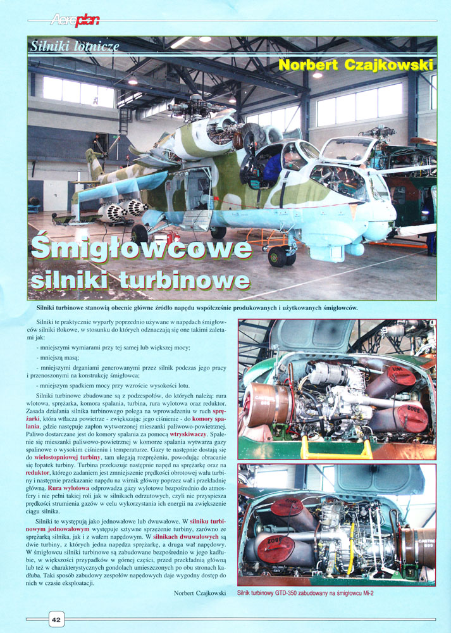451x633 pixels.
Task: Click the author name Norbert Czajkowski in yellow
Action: pyautogui.click(x=355, y=65)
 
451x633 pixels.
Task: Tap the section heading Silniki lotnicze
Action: pyautogui.click(x=75, y=45)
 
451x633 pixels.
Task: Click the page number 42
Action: pyautogui.click(x=56, y=618)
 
